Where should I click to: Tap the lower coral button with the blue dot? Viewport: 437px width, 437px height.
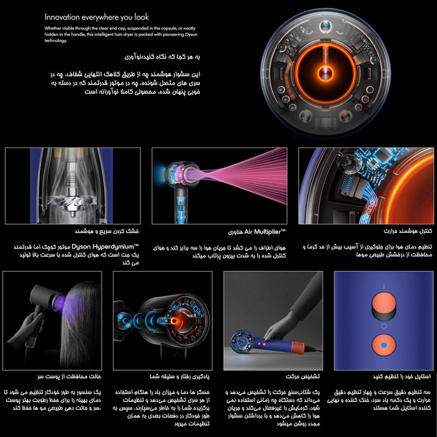click(x=383, y=346)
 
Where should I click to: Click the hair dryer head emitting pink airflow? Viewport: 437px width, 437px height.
click(x=177, y=175)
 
